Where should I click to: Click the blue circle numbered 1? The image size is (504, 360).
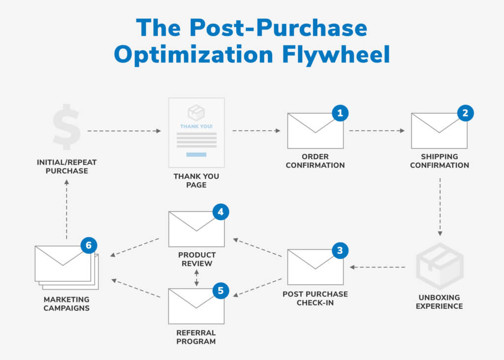coord(340,113)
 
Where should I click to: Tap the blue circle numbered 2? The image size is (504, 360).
coord(465,113)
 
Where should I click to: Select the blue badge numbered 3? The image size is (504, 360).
coord(340,251)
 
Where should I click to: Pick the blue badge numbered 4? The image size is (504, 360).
coord(221,212)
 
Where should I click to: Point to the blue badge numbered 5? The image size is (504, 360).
coord(221,291)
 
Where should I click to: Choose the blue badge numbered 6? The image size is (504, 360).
coord(89,245)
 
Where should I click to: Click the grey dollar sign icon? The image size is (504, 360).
coord(66,127)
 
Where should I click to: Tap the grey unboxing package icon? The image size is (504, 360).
coord(440,266)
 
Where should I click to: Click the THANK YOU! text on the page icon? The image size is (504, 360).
coord(196,127)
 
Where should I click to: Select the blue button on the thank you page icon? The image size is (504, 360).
coord(196,155)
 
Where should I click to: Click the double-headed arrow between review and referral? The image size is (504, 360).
coord(196,278)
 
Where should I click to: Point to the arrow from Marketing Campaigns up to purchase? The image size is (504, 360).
coord(66,209)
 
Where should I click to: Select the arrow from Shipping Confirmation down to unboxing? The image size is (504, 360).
coord(440,207)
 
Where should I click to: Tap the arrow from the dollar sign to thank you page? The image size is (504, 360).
coord(124,131)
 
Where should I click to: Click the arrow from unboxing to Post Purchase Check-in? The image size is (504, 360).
coord(378,267)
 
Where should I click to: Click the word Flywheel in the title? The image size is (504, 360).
coord(336,54)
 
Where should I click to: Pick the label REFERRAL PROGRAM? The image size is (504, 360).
coord(196,337)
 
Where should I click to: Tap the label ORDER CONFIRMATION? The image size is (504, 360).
coord(315,161)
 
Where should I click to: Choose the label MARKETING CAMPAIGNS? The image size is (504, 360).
coord(66,304)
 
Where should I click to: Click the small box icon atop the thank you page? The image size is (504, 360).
coord(196,112)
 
